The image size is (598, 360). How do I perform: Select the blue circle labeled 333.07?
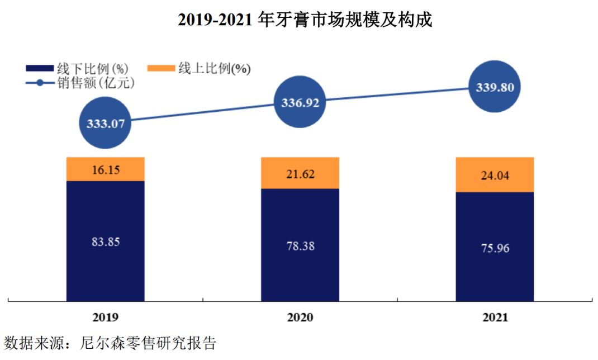[105, 124]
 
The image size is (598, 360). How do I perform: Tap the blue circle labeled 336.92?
[300, 103]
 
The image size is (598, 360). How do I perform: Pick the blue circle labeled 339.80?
[495, 87]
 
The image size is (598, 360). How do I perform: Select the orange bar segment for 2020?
[300, 173]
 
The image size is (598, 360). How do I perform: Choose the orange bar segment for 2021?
[495, 175]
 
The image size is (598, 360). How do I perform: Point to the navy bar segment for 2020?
[300, 244]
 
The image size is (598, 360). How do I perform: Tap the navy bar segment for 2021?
[495, 247]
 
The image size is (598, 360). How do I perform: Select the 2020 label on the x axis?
[300, 318]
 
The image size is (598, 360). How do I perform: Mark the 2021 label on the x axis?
[495, 318]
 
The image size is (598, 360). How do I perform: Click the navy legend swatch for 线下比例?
[40, 69]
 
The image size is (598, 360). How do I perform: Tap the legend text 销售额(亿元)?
[96, 83]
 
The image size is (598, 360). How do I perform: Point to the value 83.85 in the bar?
[105, 242]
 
